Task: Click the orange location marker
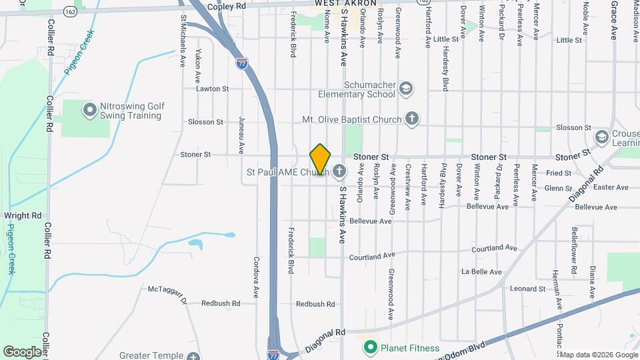pos(320,159)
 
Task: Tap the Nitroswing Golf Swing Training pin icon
pos(89,110)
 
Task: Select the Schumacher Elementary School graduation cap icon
pos(405,89)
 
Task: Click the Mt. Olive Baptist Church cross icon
pos(412,119)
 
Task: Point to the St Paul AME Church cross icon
pos(339,173)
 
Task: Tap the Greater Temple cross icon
pos(193,356)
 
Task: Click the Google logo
pos(22,352)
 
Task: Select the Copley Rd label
pos(227,5)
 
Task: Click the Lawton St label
pos(212,88)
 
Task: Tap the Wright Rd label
pos(23,215)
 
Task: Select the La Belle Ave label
pos(481,271)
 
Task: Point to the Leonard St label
pos(527,289)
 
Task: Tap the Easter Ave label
pos(611,187)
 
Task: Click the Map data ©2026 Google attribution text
pos(598,354)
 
